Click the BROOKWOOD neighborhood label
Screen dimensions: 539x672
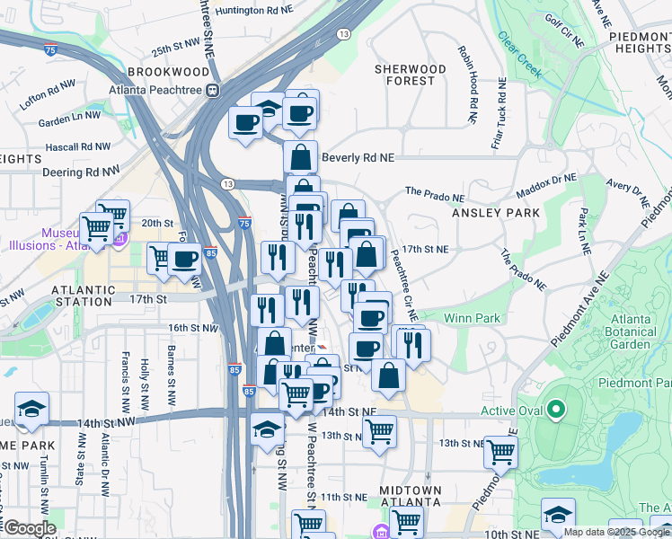pos(162,71)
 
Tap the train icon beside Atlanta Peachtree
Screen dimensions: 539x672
pos(213,90)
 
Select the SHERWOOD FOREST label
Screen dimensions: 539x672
pos(410,75)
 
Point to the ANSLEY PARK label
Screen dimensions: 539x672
pos(495,213)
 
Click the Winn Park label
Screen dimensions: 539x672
pos(472,318)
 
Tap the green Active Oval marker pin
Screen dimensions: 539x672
pos(555,411)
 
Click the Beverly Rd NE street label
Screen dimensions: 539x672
pos(358,157)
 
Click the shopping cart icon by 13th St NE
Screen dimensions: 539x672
pos(380,432)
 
